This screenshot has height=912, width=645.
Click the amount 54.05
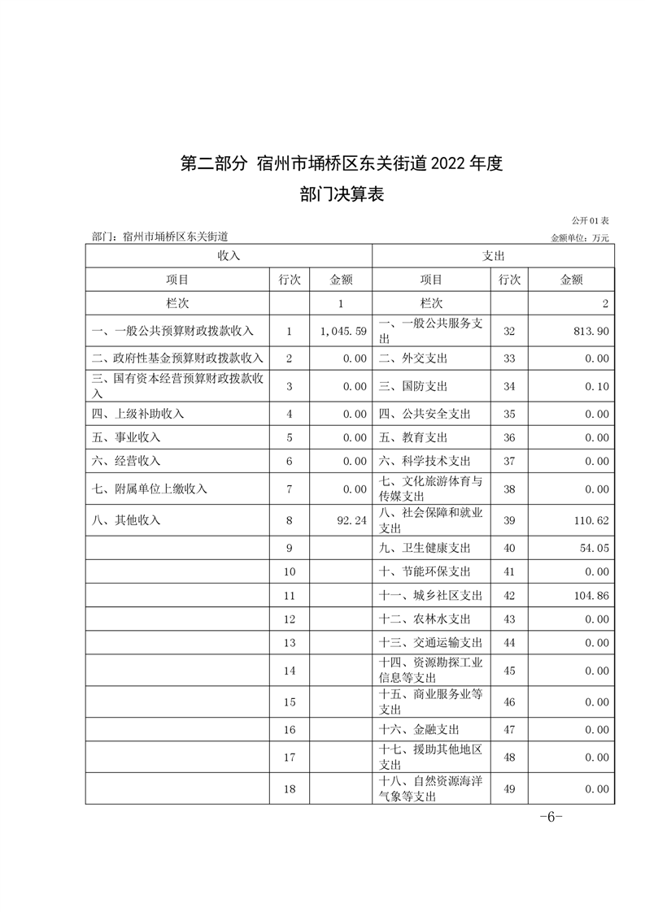pyautogui.click(x=592, y=549)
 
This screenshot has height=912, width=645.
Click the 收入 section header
pyautogui.click(x=229, y=255)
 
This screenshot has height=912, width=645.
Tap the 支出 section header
pyautogui.click(x=494, y=255)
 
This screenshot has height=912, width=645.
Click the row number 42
pyautogui.click(x=510, y=596)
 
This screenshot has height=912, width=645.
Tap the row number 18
pyautogui.click(x=290, y=788)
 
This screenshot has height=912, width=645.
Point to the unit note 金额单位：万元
pyautogui.click(x=580, y=238)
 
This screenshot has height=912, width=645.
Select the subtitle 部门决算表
pyautogui.click(x=342, y=195)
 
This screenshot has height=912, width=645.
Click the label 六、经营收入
pyautogui.click(x=126, y=461)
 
